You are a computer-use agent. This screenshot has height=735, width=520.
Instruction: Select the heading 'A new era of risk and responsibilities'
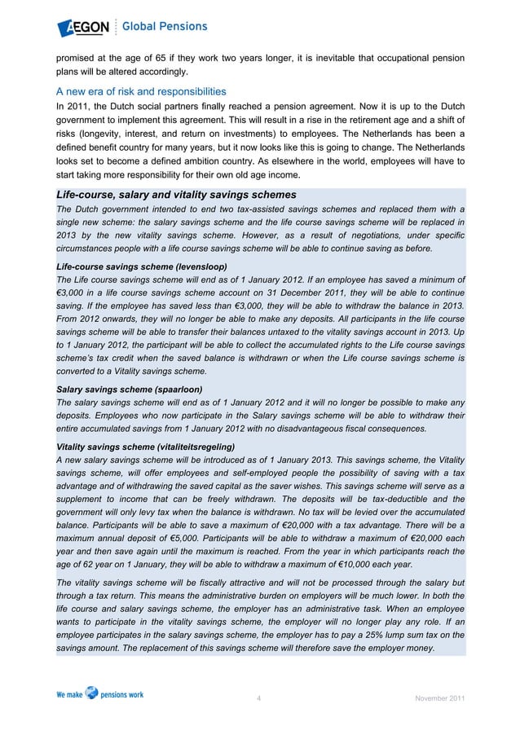pyautogui.click(x=141, y=90)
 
